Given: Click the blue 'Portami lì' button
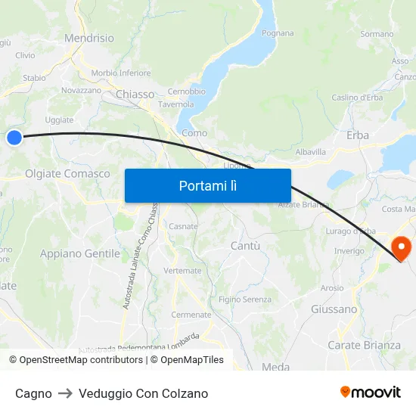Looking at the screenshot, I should [x=208, y=185].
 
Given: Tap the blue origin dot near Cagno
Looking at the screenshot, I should [x=14, y=137].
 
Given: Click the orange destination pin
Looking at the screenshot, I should [x=400, y=247].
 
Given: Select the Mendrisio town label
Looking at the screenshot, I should [x=89, y=38].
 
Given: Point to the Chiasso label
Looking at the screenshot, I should [x=135, y=95].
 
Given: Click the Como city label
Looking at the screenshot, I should [x=194, y=133].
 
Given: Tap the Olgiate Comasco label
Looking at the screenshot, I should [x=67, y=174].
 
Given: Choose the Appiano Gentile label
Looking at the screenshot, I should [x=80, y=254].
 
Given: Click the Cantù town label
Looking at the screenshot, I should [x=244, y=246].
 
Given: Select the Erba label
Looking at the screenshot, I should [x=358, y=135].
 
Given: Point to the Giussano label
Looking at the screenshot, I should [x=334, y=309].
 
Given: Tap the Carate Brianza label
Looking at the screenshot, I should [x=364, y=346].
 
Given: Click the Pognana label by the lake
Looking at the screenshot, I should [x=277, y=33].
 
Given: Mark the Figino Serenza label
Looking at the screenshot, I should [x=244, y=300].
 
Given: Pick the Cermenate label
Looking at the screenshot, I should [x=191, y=315].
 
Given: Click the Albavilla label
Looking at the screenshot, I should [x=310, y=152].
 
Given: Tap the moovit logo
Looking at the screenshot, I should [x=371, y=393].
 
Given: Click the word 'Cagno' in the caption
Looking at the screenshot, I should [x=33, y=393].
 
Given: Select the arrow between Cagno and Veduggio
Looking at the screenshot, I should [x=65, y=393].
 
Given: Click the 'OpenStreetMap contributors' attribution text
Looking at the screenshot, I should [x=81, y=360].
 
